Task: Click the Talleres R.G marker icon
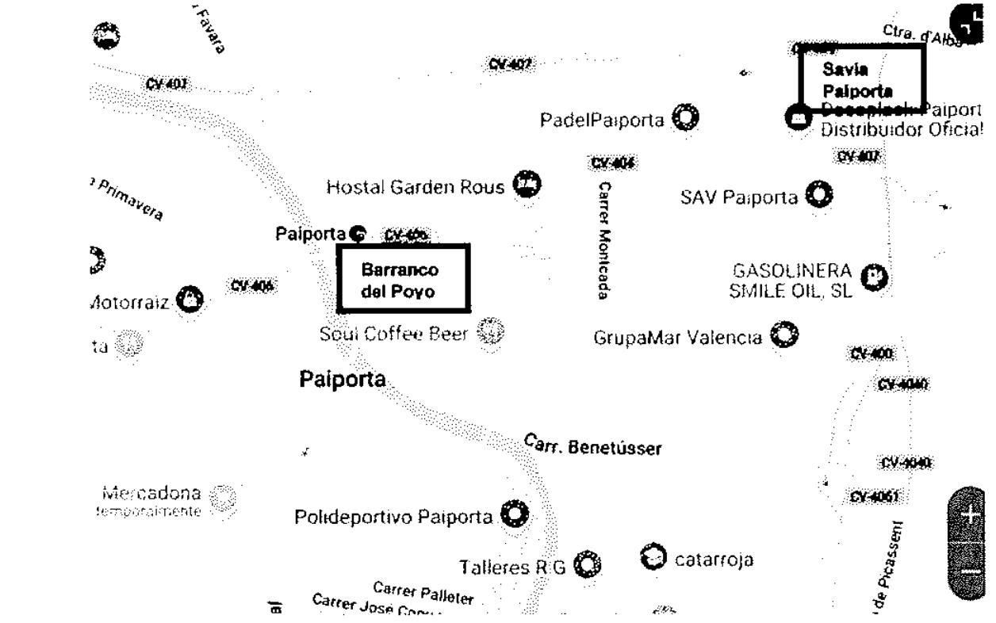[x=588, y=564]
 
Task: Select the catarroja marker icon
[x=653, y=557]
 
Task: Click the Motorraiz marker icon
[x=190, y=300]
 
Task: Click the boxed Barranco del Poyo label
[x=403, y=278]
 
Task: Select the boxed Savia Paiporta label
[x=862, y=76]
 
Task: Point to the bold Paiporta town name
[x=342, y=380]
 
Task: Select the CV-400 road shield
[x=871, y=354]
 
